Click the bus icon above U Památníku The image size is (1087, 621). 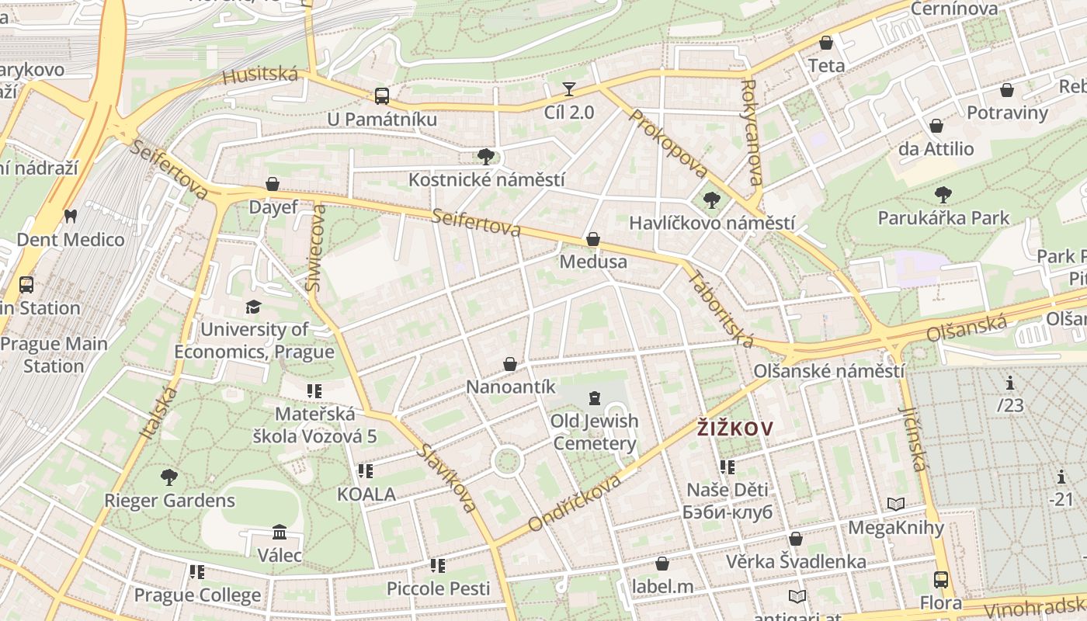(x=381, y=96)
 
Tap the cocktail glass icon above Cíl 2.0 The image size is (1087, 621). (x=569, y=88)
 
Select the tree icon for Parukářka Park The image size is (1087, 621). (x=943, y=194)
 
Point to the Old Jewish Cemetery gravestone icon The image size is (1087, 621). (x=595, y=398)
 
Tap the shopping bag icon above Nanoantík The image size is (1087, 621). (x=510, y=364)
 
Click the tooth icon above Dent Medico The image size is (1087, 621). (x=71, y=216)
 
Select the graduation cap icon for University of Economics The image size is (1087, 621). (x=254, y=307)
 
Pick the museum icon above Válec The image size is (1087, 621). (x=280, y=533)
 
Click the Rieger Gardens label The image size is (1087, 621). (x=169, y=501)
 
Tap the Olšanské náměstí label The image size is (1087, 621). (x=829, y=371)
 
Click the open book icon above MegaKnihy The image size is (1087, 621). (x=896, y=505)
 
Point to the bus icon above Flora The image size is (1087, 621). (x=940, y=579)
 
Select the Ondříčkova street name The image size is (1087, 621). (x=575, y=503)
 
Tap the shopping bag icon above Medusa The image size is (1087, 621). (x=593, y=239)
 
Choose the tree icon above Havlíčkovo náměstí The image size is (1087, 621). (x=711, y=201)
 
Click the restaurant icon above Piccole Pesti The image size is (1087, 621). (x=438, y=566)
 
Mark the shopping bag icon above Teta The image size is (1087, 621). (x=826, y=43)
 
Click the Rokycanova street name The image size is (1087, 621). (x=752, y=134)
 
